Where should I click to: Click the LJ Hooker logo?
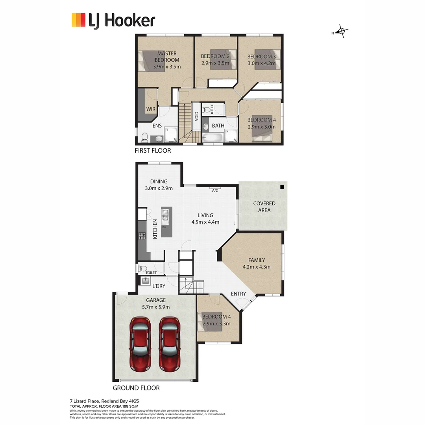click(x=113, y=20)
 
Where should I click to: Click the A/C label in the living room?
click(x=215, y=191)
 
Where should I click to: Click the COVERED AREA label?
click(x=264, y=207)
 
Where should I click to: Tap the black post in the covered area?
click(x=282, y=187)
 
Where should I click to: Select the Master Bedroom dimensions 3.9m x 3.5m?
click(x=167, y=67)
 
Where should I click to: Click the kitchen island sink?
click(x=165, y=215)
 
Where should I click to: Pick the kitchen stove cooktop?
click(x=142, y=236)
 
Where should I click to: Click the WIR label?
click(x=150, y=109)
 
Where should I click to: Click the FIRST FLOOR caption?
click(x=153, y=150)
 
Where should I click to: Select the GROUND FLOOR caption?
click(x=136, y=388)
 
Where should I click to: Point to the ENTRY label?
click(x=238, y=294)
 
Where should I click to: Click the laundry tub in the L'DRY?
click(x=145, y=281)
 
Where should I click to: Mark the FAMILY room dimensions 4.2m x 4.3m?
click(x=257, y=267)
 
